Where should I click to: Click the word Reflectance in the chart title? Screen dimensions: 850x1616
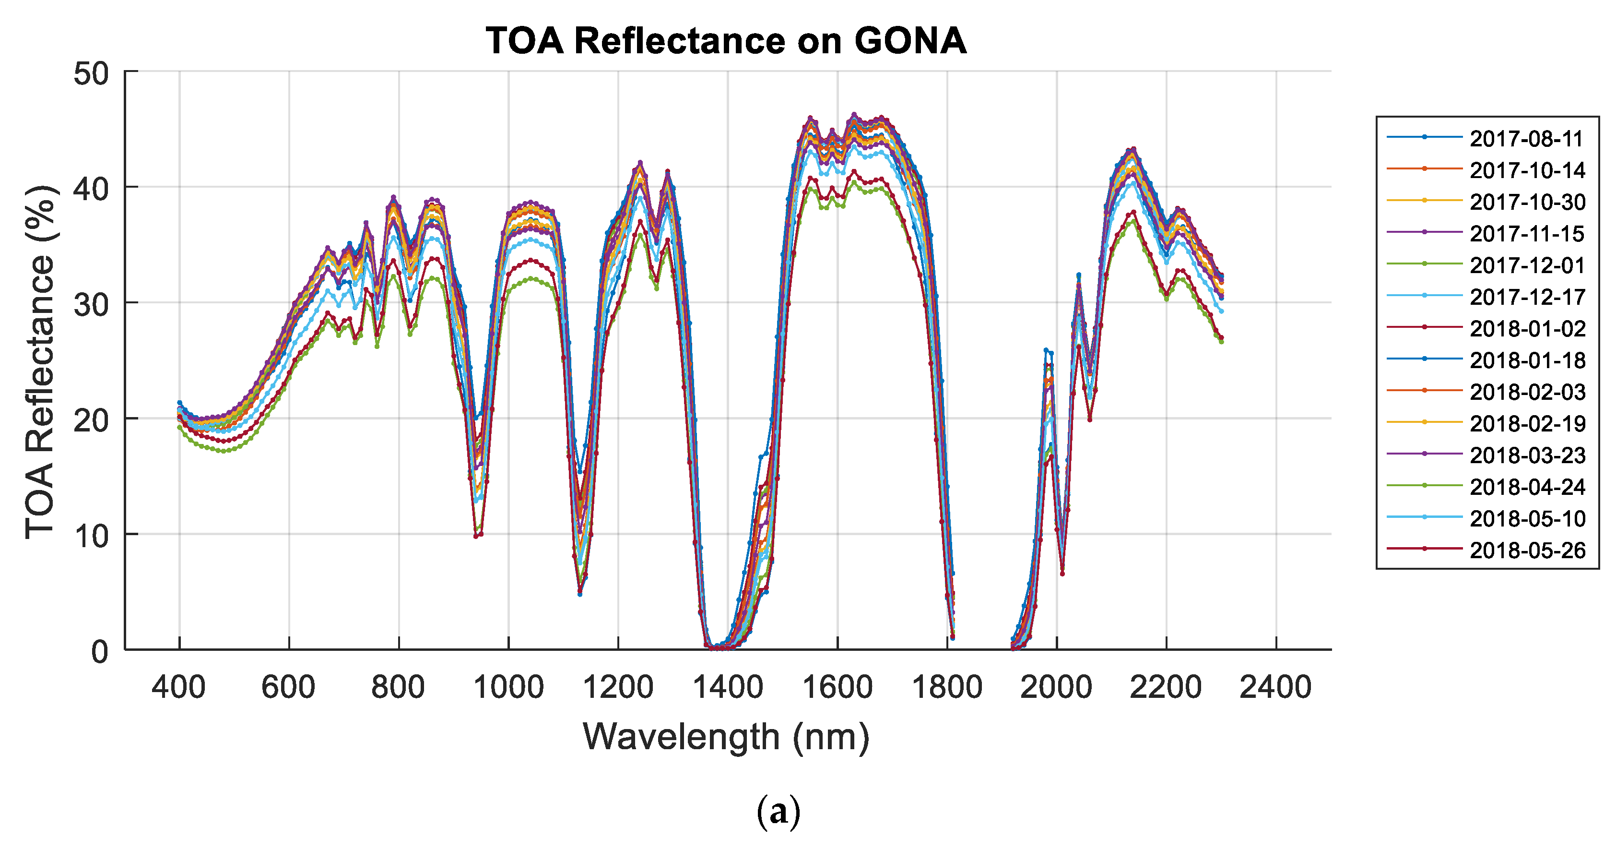click(x=679, y=41)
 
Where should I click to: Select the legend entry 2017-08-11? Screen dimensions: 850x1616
click(x=1527, y=139)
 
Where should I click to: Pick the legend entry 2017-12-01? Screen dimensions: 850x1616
click(x=1527, y=265)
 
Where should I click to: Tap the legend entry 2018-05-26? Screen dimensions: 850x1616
click(x=1527, y=550)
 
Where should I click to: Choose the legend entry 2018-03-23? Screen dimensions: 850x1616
click(x=1527, y=455)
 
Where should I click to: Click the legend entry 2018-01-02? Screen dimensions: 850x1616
click(x=1527, y=328)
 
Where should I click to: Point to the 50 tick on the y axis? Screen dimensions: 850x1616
click(x=91, y=74)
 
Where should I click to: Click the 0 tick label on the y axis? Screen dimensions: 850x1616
click(x=100, y=652)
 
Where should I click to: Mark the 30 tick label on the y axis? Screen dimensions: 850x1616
click(x=91, y=305)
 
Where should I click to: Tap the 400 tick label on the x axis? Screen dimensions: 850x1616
click(x=179, y=687)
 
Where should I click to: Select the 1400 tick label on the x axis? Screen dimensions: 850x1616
click(x=728, y=687)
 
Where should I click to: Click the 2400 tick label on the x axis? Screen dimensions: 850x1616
click(x=1275, y=687)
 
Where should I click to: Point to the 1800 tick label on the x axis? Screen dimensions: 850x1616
click(x=947, y=687)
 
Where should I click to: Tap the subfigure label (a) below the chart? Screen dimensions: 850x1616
click(x=778, y=811)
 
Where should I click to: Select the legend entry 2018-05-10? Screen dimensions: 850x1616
click(x=1527, y=518)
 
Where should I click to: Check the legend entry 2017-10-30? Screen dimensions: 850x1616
click(x=1527, y=202)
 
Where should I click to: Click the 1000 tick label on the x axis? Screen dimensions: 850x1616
click(x=508, y=687)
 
